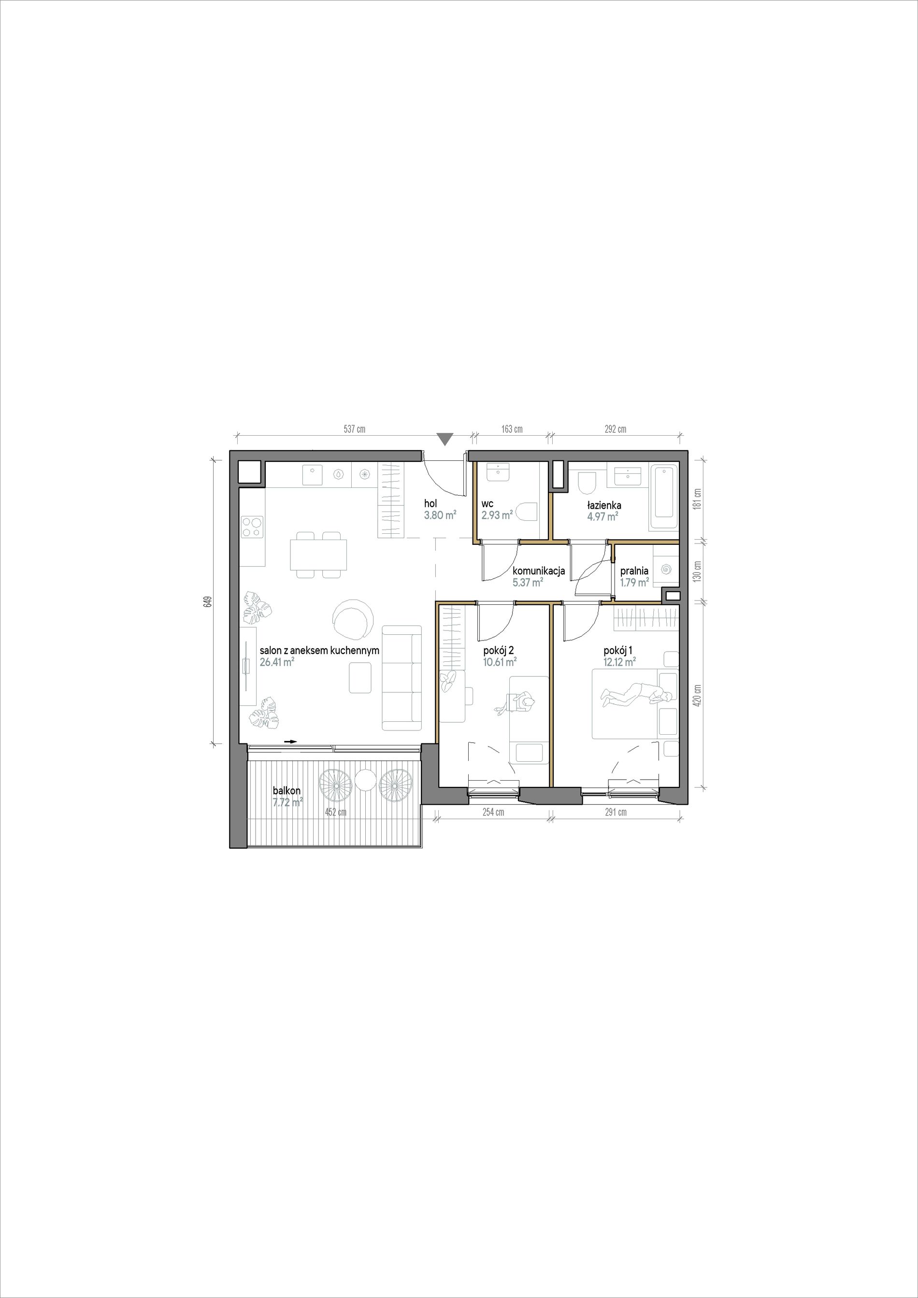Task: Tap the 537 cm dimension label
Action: point(355,429)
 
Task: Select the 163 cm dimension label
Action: point(512,429)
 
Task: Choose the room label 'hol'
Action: point(431,503)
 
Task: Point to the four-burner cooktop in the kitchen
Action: point(252,527)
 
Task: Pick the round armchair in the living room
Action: point(353,618)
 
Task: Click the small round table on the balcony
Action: point(365,783)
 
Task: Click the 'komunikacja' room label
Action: point(539,571)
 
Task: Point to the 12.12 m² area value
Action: point(620,662)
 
